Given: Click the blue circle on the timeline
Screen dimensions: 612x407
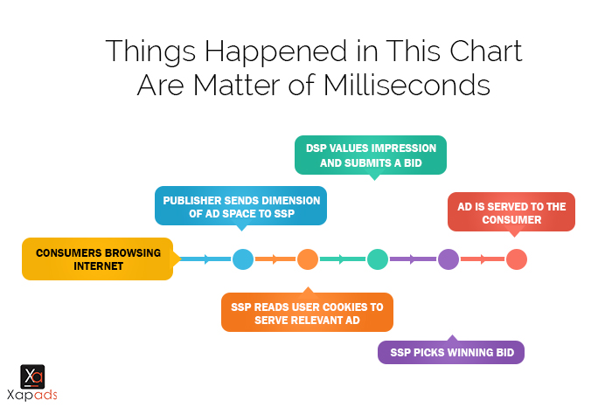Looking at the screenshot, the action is tap(243, 259).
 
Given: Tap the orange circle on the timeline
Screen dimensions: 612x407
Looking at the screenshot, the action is tap(308, 259).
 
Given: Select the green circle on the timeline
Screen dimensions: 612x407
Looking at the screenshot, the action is tap(378, 259).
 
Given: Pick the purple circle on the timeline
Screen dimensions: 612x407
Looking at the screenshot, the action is tap(449, 259).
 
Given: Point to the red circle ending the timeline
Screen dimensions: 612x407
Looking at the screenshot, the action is tap(517, 259).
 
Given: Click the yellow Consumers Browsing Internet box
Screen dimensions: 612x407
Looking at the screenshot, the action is tap(98, 259).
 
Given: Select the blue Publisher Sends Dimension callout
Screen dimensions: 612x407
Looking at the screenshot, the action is tap(240, 206).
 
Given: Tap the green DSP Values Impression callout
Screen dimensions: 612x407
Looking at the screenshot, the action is tap(371, 155).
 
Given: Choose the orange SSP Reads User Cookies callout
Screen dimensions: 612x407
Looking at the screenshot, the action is tap(307, 312).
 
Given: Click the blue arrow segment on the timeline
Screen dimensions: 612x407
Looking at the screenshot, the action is tap(205, 259).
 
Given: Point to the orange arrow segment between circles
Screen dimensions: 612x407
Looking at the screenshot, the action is tap(275, 259).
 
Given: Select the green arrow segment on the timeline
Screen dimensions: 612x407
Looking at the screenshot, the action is tap(343, 259).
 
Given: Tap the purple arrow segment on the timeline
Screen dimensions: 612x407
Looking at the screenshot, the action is tap(413, 259).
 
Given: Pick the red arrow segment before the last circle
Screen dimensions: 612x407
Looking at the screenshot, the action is tap(483, 259).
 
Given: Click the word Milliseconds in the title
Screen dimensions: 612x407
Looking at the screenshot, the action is tap(407, 85).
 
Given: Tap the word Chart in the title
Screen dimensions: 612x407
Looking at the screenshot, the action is tap(485, 51).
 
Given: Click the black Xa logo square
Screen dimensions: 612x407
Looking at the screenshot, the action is tap(32, 376).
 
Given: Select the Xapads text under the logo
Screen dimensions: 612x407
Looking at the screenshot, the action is tap(32, 395).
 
